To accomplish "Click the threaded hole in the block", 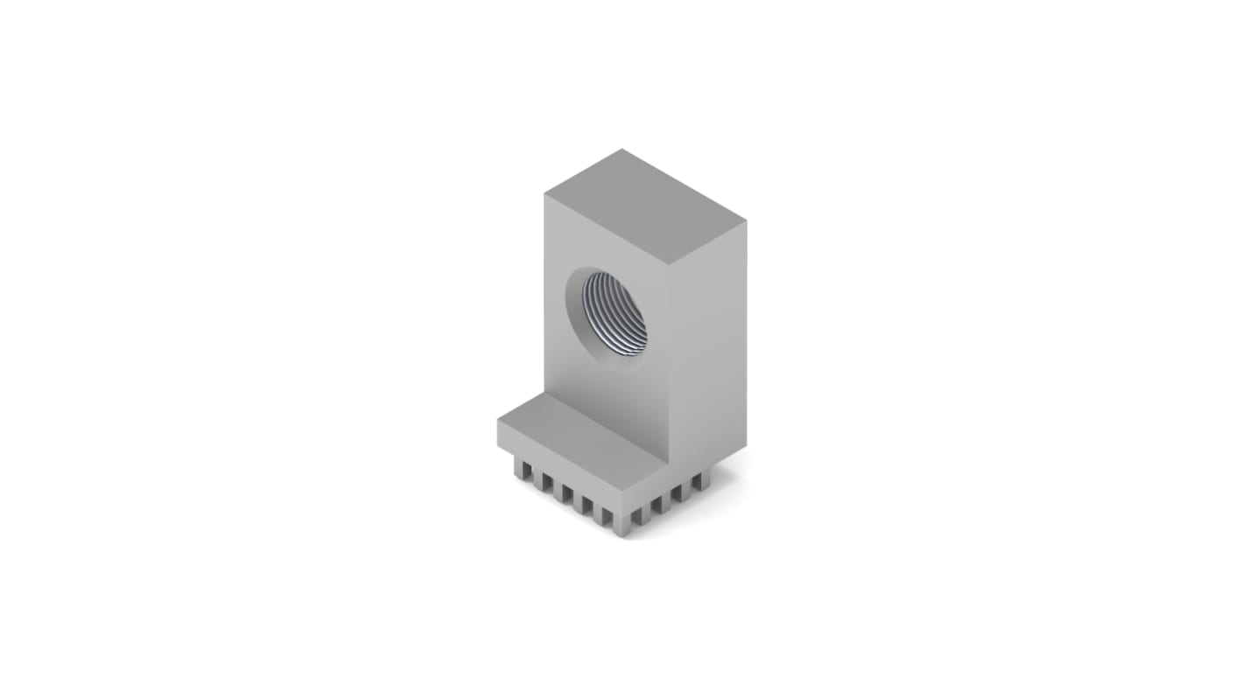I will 615,313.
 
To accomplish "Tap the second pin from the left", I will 543,482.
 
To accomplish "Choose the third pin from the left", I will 562,492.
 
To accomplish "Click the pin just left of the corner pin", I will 601,513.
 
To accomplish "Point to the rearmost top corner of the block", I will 622,150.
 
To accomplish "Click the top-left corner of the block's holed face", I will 544,194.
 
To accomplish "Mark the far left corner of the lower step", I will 498,422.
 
